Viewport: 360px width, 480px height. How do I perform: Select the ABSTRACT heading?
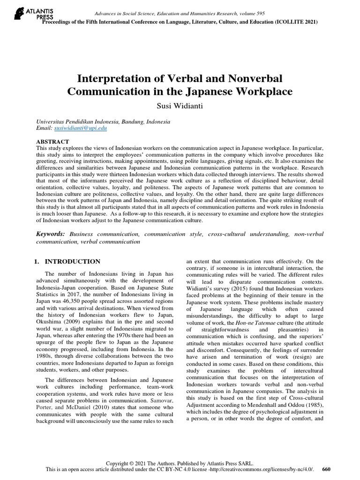coord(52,141)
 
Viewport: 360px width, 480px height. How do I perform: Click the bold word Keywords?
coord(51,233)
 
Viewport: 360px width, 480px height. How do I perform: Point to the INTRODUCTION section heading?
coord(72,262)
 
